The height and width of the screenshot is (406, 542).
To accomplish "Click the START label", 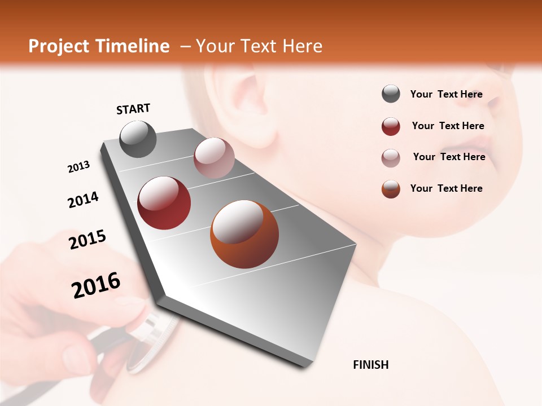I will coord(133,109).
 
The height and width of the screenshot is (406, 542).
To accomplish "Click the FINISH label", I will coord(370,365).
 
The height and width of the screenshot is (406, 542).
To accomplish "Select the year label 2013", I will coord(79,166).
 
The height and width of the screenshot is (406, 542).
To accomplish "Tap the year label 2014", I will coord(84,200).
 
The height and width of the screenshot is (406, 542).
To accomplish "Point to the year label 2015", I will coord(88,240).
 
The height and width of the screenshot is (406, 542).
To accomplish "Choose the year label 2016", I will coord(96,285).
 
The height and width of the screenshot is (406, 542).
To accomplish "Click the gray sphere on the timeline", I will coord(138,139).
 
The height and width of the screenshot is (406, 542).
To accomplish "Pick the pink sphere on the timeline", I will coord(214,158).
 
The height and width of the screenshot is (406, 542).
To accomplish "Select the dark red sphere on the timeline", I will coord(164,203).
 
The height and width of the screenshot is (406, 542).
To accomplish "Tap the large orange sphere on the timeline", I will coord(244,234).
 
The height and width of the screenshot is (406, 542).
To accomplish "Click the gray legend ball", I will coord(391,94).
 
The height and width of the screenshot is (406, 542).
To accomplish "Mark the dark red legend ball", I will coord(391,126).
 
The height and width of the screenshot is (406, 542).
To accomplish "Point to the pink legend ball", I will coord(391,158).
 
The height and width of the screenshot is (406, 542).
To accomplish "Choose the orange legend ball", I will coord(391,189).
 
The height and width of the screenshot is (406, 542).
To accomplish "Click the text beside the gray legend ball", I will coord(446,94).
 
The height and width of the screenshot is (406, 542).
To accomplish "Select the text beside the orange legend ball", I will coord(446,188).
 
